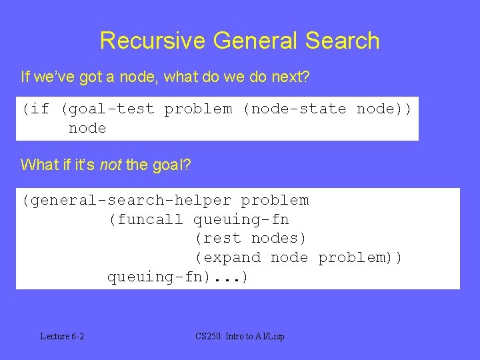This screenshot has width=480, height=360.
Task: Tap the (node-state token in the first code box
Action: [294, 109]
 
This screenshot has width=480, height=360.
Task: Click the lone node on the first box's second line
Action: [87, 128]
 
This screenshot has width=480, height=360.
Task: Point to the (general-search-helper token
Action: [127, 200]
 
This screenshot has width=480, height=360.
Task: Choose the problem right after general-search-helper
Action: [275, 200]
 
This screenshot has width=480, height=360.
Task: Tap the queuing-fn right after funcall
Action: [241, 219]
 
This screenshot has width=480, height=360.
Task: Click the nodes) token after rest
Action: [279, 238]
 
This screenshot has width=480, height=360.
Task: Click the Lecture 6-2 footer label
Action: [62, 336]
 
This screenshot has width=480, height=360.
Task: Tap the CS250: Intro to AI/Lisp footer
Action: [240, 336]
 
